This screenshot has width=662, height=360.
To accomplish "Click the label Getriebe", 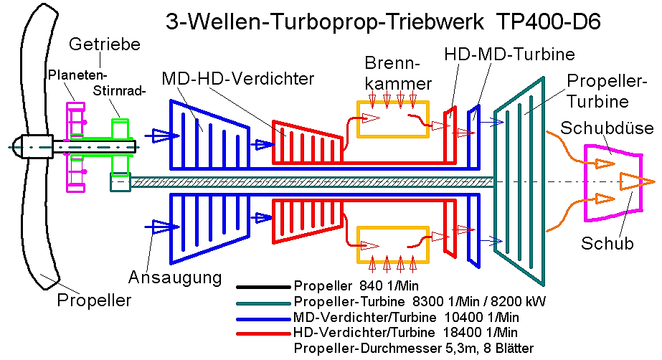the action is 105,44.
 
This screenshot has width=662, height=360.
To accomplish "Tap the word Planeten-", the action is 77,75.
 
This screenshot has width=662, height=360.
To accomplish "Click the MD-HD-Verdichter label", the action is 238,78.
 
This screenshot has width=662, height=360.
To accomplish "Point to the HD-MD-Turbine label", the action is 509,54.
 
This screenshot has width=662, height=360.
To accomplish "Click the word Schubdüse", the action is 607,128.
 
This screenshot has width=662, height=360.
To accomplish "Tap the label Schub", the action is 607,243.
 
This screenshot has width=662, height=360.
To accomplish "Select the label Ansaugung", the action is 175,278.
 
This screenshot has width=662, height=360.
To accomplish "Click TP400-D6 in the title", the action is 549,22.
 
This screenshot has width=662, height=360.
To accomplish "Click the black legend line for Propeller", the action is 263,288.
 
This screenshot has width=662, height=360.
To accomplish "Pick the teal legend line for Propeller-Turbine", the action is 263,303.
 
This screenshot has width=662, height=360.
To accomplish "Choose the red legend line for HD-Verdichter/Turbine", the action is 263,333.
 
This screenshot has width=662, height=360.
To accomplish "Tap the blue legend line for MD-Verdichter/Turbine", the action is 263,318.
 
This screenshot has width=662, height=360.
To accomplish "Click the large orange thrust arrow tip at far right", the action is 654,182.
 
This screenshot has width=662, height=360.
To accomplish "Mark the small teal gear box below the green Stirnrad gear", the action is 120,182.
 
